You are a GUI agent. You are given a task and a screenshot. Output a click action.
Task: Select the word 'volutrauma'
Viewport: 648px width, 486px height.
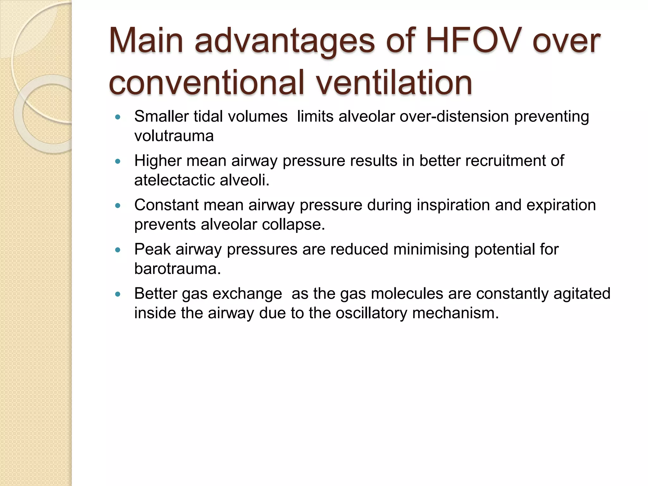coord(174,136)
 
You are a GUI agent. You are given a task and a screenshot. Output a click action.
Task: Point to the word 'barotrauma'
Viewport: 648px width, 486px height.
coord(177,269)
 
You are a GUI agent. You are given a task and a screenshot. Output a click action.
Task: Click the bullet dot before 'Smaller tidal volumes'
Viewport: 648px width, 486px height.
coord(118,117)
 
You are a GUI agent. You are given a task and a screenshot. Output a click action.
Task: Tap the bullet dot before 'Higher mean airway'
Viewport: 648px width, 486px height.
coord(118,162)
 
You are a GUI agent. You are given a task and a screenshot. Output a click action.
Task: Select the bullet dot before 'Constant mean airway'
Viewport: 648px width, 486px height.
coord(118,206)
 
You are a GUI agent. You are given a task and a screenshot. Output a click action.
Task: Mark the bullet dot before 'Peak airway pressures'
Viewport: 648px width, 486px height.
coord(118,250)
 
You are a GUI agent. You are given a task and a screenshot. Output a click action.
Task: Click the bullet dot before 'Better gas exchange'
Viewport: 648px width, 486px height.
coord(118,295)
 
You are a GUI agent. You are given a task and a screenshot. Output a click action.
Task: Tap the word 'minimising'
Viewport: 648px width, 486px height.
coord(431,249)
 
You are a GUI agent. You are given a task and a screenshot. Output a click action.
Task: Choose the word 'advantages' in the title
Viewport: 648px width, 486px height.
coord(285,41)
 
